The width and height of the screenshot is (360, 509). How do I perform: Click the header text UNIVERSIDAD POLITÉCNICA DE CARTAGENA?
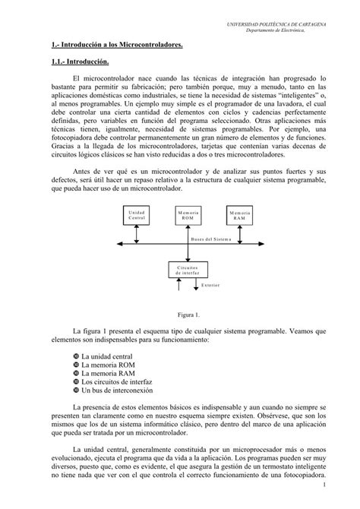coord(276,25)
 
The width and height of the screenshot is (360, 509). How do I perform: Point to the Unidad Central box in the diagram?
coord(137,217)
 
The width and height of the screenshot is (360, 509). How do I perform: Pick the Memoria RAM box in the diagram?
coord(240,217)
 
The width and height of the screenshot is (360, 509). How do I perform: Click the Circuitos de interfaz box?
coord(187,270)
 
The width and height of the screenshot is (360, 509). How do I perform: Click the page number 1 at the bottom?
coord(324,483)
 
